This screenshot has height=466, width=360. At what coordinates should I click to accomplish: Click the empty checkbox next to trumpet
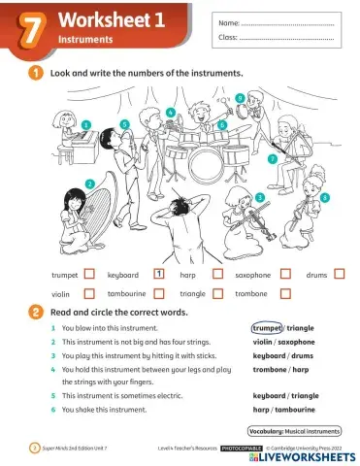[88, 275]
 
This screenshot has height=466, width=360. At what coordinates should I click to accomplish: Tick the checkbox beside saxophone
[286, 275]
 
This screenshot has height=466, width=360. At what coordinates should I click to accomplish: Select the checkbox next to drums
[340, 275]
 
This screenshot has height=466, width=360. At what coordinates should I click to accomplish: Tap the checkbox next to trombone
[286, 292]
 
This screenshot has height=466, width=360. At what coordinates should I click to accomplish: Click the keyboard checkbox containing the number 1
[158, 275]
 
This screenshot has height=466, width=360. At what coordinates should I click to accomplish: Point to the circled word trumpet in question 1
[267, 329]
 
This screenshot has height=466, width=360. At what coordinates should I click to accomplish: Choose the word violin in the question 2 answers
[262, 342]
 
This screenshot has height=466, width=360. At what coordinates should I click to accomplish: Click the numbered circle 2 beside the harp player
[89, 183]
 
